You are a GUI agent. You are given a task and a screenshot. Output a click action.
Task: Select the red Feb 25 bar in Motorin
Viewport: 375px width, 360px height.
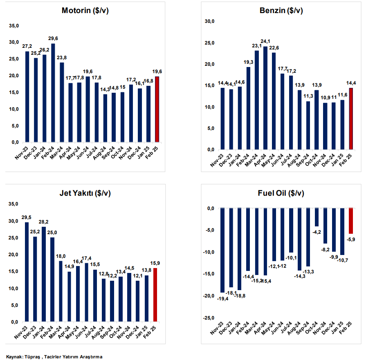[x=157, y=109]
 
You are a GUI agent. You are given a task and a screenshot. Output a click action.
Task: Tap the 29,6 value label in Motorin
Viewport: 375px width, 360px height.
[x=53, y=39]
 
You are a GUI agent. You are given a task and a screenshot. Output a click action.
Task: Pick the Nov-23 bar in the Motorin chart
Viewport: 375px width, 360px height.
[x=27, y=96]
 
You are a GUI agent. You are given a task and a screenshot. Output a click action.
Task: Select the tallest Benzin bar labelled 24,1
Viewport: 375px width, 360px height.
[x=265, y=98]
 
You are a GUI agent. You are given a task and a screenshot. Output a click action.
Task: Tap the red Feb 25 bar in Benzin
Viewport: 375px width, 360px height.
[x=351, y=119]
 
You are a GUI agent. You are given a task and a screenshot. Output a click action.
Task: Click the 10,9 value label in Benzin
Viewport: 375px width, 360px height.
[x=326, y=98]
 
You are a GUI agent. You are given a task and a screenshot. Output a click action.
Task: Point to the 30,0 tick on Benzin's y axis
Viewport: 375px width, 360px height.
[x=209, y=22]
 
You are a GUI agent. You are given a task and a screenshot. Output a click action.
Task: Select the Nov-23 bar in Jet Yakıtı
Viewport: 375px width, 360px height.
[x=27, y=272]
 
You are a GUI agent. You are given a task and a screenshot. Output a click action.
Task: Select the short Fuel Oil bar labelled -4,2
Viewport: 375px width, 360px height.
[x=317, y=217]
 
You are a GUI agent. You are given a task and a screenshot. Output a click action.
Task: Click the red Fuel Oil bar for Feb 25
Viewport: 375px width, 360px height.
[x=351, y=221]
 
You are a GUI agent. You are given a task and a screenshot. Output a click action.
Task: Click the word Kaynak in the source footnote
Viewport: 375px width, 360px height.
[x=14, y=357]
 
